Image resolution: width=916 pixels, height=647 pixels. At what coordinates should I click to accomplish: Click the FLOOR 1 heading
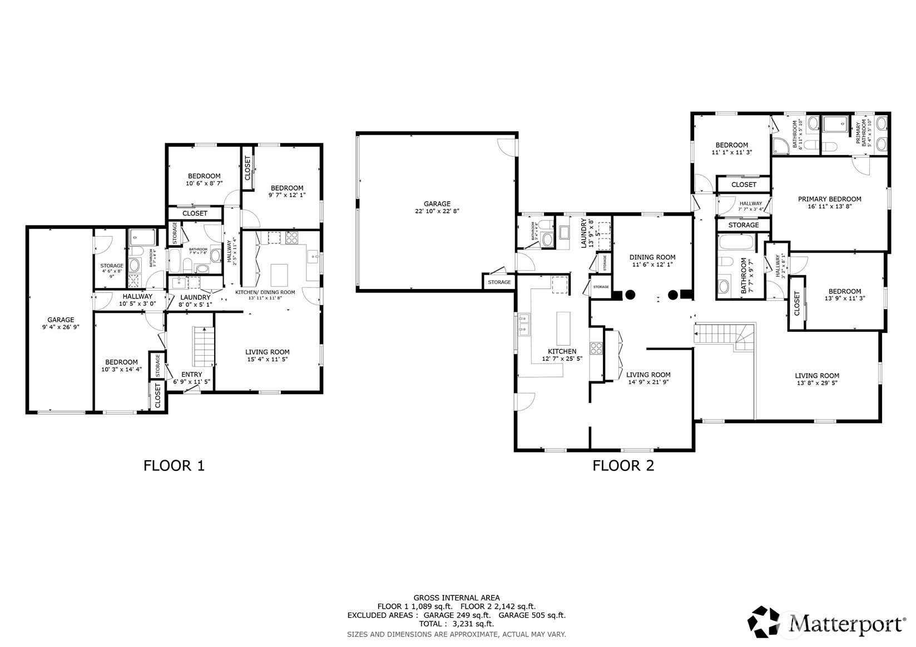pos(174,465)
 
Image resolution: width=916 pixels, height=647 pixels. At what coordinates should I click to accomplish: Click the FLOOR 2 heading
pos(623,465)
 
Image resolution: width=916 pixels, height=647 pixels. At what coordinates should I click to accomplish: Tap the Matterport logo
pos(826,623)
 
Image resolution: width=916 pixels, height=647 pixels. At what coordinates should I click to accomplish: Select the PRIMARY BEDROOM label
pos(829,199)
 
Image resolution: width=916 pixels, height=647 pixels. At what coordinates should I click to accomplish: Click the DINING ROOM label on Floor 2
pos(652,257)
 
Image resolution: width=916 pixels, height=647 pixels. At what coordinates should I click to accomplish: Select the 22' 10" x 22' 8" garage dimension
pos(437,211)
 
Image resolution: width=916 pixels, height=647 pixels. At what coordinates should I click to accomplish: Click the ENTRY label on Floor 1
pos(192,374)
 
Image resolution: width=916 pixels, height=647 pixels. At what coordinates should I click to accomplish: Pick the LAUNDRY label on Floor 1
pos(195,297)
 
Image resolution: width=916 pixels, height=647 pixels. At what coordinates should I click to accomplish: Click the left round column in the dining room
pos(630,295)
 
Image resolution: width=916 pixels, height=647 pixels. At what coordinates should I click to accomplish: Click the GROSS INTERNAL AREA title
pos(457,598)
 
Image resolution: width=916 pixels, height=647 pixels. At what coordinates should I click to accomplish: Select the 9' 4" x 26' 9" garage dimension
pos(61,327)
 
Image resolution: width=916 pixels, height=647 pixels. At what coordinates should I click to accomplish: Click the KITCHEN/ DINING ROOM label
pos(265,292)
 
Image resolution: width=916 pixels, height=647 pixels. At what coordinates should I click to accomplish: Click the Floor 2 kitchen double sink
pos(523,325)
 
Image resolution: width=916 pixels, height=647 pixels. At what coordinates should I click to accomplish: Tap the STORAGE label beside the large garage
pos(499,282)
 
